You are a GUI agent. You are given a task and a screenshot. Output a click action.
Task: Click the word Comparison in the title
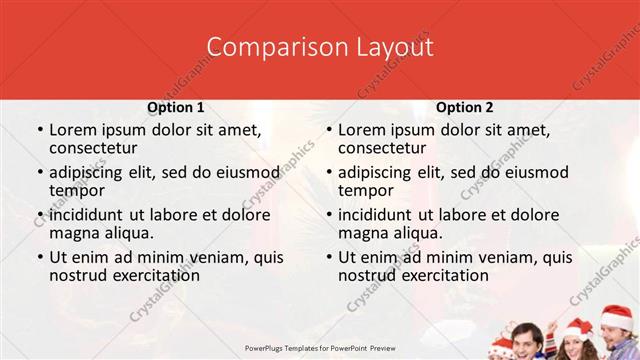coord(264,47)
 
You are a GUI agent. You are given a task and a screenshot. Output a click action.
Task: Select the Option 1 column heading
coord(176,107)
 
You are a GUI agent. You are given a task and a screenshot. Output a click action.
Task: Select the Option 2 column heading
coord(465,107)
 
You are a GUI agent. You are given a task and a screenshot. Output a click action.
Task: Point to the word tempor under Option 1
coord(76,191)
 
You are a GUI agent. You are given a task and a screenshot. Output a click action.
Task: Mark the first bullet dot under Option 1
coord(39,131)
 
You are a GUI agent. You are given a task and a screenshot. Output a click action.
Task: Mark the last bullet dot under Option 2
coord(328,257)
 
